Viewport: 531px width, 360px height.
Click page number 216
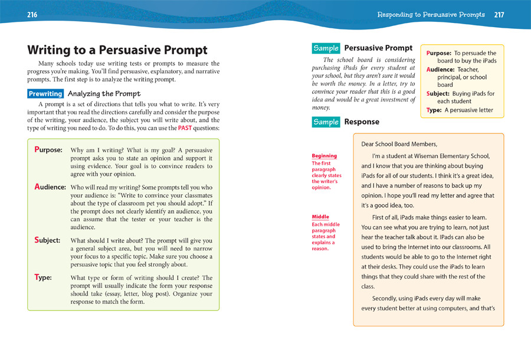point(32,15)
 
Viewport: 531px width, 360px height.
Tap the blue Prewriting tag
point(45,94)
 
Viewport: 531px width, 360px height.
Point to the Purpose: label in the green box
point(48,150)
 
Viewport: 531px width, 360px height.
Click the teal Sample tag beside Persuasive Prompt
point(326,48)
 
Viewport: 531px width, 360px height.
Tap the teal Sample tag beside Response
point(326,122)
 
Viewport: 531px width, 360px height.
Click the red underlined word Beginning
point(324,156)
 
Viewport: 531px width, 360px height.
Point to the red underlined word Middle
point(320,217)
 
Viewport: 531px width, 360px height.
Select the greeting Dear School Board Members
point(399,144)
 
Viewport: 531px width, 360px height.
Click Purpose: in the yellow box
point(438,53)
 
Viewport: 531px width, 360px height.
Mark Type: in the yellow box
point(434,110)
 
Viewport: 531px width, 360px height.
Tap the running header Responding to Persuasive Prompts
point(431,15)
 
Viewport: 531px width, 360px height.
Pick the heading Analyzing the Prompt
point(104,94)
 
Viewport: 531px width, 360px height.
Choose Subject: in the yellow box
point(439,94)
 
